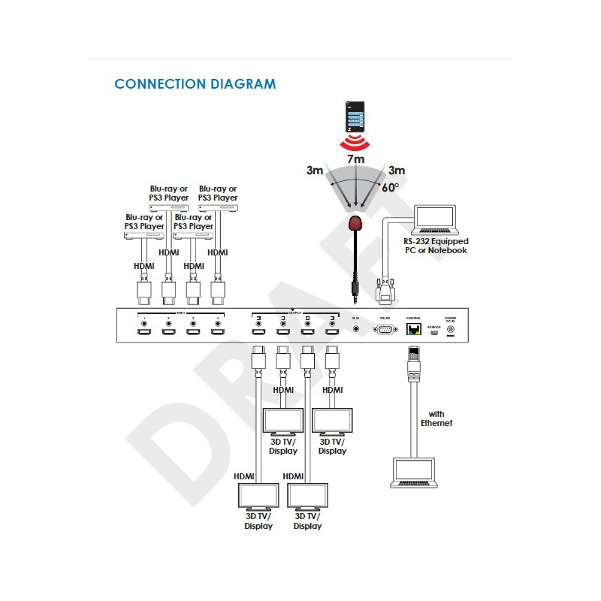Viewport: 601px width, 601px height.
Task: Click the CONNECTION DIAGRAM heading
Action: click(195, 83)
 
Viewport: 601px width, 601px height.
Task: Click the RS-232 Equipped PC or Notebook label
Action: click(435, 246)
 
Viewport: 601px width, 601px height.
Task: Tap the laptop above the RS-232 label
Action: click(436, 219)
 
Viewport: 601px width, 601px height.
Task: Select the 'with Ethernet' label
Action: click(436, 418)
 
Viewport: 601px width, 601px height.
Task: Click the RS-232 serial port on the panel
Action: click(385, 330)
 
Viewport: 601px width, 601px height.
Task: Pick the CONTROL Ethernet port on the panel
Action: click(414, 331)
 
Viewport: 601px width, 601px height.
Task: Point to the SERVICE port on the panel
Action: click(433, 333)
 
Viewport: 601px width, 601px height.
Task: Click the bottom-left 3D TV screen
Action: click(258, 497)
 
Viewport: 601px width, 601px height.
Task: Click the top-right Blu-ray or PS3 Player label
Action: click(218, 193)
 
